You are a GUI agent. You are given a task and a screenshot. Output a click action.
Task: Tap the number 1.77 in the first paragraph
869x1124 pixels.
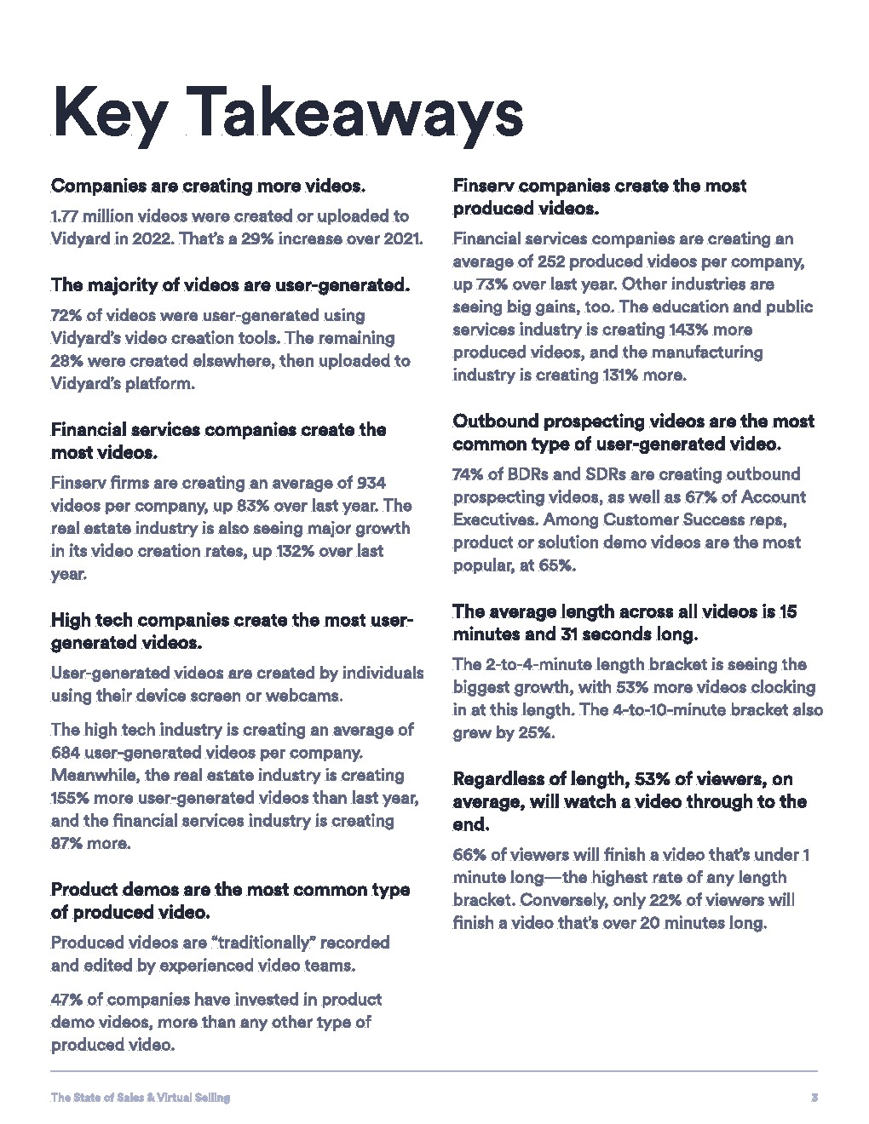66,216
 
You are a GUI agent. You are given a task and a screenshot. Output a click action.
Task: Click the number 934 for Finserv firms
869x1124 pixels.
371,483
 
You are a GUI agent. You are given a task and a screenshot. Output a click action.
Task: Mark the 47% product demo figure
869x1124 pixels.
66,1000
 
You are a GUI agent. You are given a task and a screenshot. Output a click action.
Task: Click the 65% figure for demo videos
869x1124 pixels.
555,565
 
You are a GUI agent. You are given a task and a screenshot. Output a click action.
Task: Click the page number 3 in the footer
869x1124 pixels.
814,1098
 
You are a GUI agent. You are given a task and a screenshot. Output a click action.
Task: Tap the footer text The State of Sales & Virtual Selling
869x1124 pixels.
141,1098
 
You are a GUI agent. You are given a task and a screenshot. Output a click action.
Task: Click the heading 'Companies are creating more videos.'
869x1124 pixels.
209,186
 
